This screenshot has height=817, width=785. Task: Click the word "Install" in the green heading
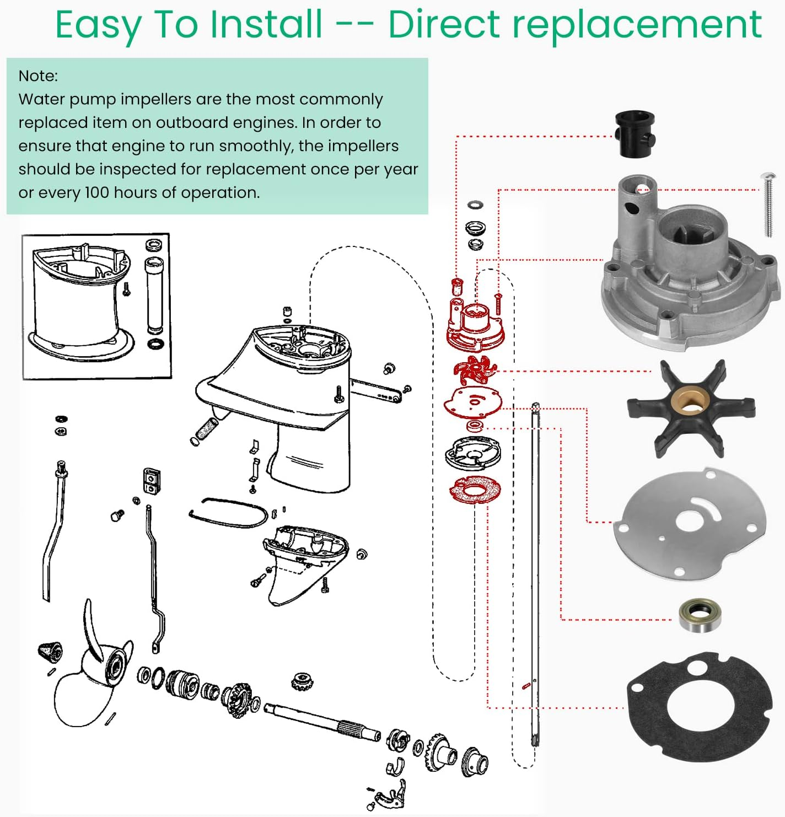click(x=267, y=24)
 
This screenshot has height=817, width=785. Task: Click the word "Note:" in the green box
click(x=38, y=76)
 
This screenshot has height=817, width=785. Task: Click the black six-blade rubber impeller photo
click(x=691, y=409)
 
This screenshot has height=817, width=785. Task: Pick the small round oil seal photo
click(x=700, y=615)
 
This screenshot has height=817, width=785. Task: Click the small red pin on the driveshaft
click(x=525, y=686)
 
